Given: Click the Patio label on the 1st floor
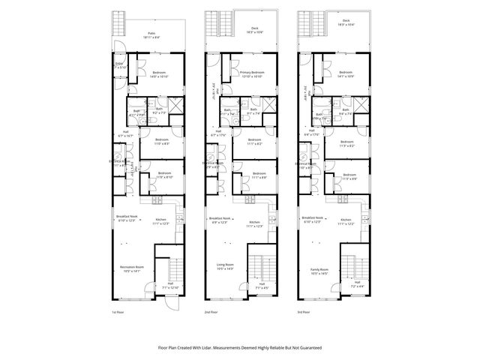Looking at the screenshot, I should click(x=150, y=33).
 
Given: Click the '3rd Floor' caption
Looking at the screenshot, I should click(x=304, y=311).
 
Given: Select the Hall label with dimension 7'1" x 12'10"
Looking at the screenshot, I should click(x=169, y=286).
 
